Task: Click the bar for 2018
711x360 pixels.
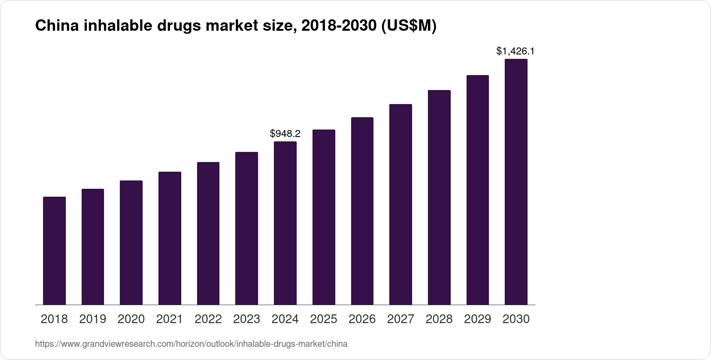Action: [54, 251]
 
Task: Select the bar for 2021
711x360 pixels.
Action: [170, 238]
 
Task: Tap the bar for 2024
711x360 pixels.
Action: [285, 223]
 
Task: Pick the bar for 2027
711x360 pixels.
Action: [401, 204]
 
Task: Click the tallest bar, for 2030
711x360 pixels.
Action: [516, 182]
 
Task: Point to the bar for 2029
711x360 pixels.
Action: [478, 190]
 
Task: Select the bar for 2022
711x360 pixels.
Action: [208, 233]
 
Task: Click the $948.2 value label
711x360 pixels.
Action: [285, 133]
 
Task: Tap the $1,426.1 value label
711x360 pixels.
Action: [515, 51]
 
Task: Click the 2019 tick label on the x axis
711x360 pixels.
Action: [93, 319]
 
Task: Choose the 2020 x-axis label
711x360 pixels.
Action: [131, 319]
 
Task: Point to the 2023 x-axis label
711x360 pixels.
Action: [247, 319]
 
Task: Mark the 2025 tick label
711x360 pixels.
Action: [323, 319]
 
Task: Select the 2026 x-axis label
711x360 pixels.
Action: [362, 319]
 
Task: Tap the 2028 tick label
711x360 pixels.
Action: [439, 319]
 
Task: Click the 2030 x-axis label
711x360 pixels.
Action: [516, 319]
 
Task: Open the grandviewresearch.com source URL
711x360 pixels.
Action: [191, 344]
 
